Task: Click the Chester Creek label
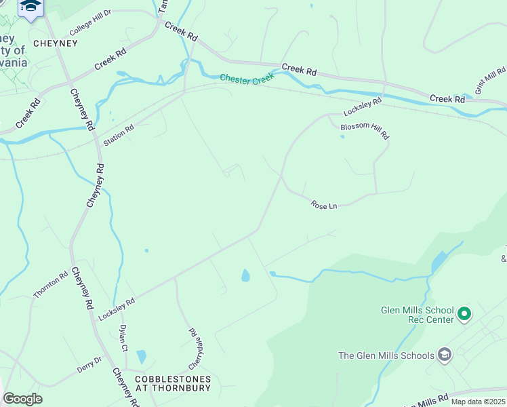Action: [x=247, y=79]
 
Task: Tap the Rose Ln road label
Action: [x=324, y=204]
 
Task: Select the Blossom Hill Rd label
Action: [x=365, y=130]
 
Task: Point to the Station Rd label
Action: [x=119, y=136]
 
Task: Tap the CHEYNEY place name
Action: [x=56, y=43]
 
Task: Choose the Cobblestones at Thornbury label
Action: [x=173, y=384]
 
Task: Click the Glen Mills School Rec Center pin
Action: [x=464, y=313]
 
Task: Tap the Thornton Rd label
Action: [x=51, y=285]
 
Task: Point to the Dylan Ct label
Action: [x=123, y=337]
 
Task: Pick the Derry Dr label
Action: [x=89, y=364]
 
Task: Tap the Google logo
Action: [x=22, y=399]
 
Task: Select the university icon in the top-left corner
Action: [x=31, y=7]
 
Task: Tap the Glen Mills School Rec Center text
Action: [x=415, y=315]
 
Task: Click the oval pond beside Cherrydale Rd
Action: [x=245, y=275]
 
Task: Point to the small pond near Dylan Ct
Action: [x=141, y=357]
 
